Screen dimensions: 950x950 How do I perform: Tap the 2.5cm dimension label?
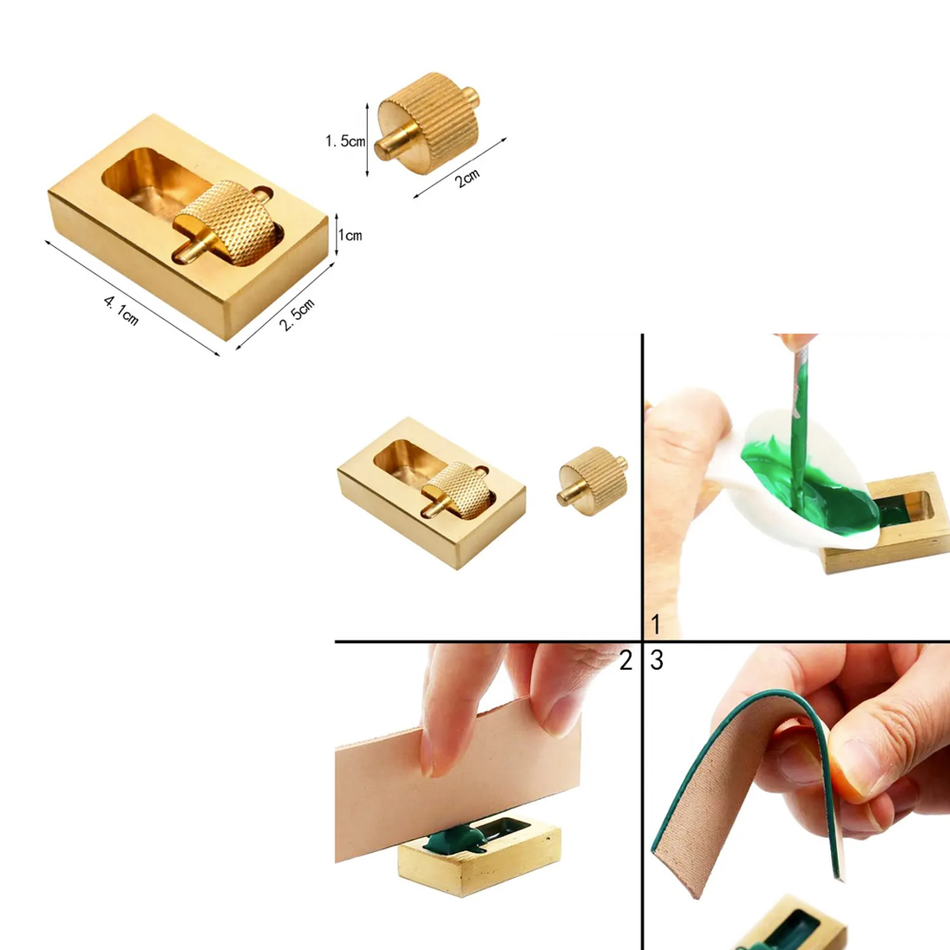[x=296, y=314]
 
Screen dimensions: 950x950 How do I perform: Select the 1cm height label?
[x=351, y=235]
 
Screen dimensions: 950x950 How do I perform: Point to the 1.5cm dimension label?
[x=346, y=142]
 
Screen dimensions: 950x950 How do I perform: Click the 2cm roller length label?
[x=467, y=178]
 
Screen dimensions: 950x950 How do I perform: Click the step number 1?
[x=655, y=623]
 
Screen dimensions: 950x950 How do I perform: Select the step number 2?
[x=626, y=660]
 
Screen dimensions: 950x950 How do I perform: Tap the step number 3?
[x=656, y=660]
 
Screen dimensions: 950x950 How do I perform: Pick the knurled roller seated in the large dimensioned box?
[x=227, y=223]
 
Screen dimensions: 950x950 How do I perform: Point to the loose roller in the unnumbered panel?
[x=593, y=481]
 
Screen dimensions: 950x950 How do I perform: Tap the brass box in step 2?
[x=479, y=854]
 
